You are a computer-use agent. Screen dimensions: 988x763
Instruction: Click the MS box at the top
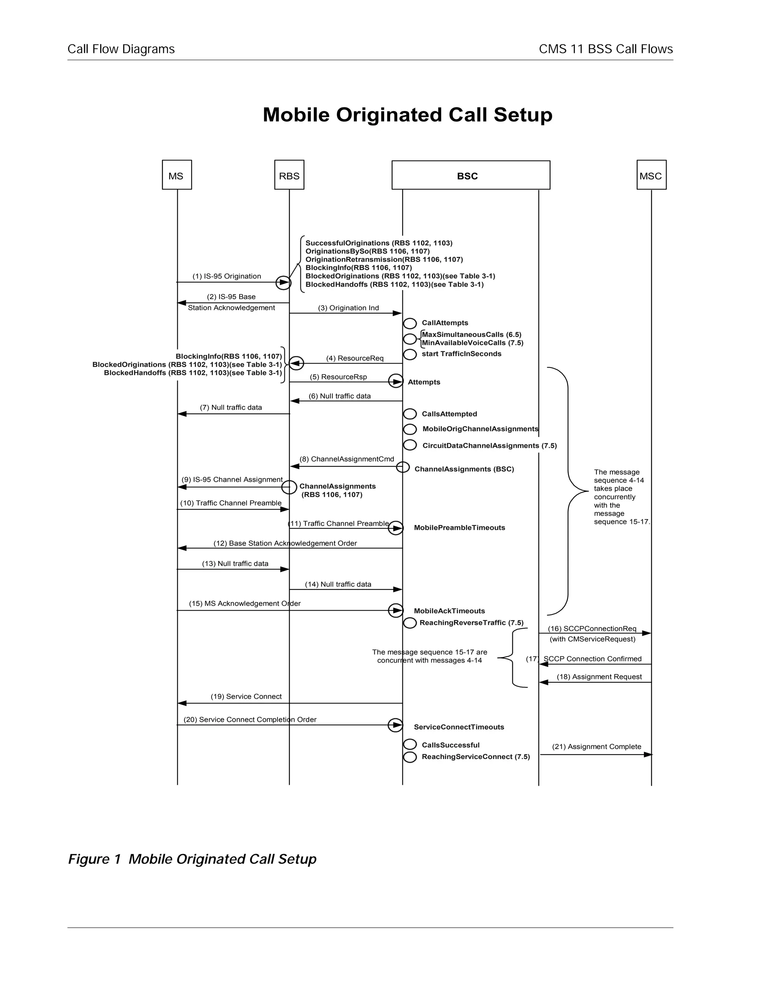(177, 175)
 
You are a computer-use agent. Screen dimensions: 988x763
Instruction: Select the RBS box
(289, 175)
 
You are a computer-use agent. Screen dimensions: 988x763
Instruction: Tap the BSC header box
(470, 175)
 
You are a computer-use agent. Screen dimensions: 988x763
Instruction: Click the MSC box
(651, 175)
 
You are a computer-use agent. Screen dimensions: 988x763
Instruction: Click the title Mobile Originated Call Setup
(407, 115)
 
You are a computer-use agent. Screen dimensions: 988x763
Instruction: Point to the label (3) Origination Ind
(348, 308)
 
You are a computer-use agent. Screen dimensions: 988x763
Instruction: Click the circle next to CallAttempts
(409, 324)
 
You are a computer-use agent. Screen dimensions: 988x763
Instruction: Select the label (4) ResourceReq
(355, 358)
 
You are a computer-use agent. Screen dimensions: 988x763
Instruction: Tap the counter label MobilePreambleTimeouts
(459, 528)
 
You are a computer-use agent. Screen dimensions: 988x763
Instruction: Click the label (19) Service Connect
(246, 696)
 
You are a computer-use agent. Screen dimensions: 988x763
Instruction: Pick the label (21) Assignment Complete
(596, 746)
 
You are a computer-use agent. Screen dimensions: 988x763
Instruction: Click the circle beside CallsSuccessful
(409, 745)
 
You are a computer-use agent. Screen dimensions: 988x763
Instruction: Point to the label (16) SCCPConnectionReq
(592, 628)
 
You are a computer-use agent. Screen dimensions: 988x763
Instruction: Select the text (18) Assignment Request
(599, 676)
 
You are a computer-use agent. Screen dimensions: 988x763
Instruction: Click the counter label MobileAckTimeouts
(449, 611)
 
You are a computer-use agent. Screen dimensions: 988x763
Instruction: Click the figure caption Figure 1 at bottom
(192, 859)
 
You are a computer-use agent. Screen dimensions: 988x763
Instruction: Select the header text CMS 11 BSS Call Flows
(605, 49)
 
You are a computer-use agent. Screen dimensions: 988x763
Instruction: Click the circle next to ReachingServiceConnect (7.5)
(409, 757)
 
